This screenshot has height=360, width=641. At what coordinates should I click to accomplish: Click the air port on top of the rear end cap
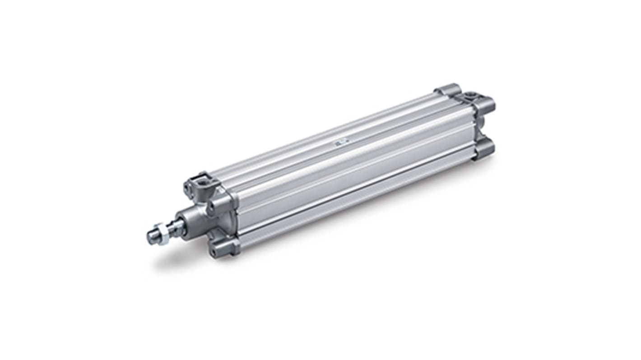[x=471, y=95]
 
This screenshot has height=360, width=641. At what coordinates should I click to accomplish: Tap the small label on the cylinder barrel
[x=338, y=143]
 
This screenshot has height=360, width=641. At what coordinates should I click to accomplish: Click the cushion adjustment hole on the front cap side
[x=211, y=208]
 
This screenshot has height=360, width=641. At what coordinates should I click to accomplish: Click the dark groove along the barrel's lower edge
[x=357, y=198]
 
